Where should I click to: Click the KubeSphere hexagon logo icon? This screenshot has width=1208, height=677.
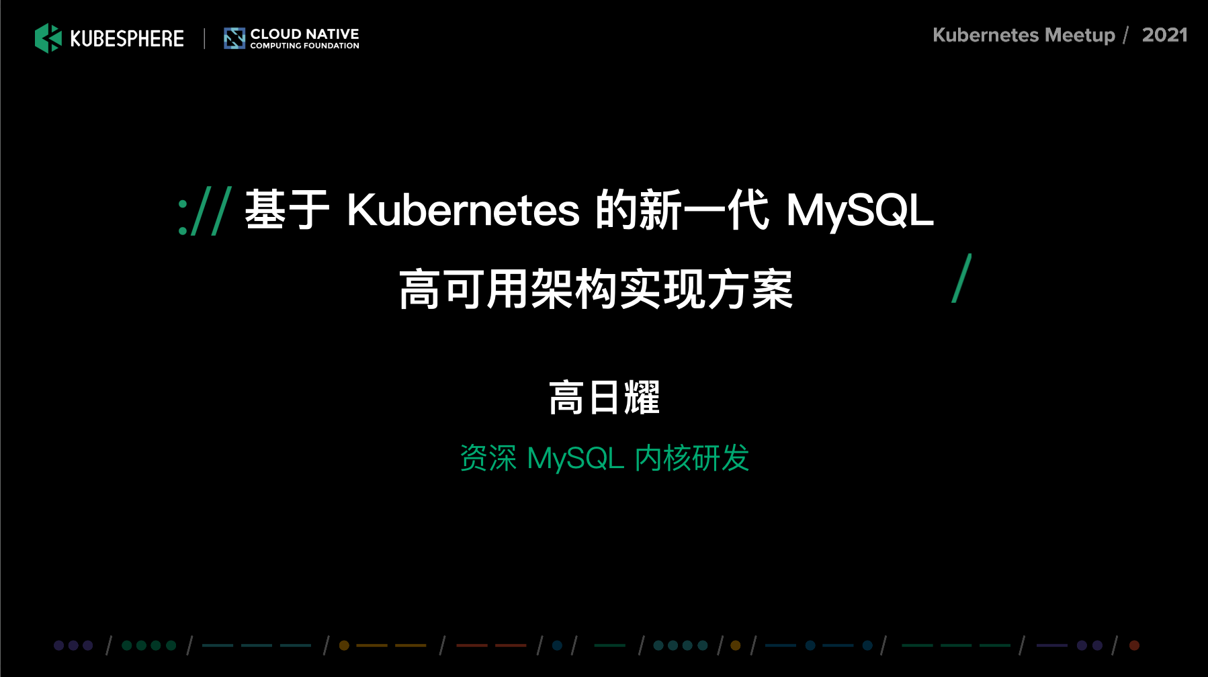[48, 38]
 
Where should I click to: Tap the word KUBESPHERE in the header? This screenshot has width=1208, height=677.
[127, 39]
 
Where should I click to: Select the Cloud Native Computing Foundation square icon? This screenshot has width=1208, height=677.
[234, 38]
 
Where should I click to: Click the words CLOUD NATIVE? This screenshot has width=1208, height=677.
[304, 34]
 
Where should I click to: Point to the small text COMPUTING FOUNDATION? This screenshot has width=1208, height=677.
[304, 46]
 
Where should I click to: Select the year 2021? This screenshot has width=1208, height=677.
[1165, 35]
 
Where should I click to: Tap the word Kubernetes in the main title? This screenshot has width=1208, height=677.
[463, 210]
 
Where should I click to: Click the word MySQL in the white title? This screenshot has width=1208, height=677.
[860, 210]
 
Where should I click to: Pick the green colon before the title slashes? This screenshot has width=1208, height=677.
[183, 216]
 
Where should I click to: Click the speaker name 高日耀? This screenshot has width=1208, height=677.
[604, 398]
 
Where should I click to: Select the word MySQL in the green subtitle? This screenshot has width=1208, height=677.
[576, 459]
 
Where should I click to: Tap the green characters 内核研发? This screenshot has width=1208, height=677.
[692, 458]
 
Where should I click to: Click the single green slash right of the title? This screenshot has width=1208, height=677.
[961, 278]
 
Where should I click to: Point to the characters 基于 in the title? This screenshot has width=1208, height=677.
[287, 210]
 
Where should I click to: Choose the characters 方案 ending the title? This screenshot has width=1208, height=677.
[750, 289]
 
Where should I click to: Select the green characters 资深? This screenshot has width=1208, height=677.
[488, 458]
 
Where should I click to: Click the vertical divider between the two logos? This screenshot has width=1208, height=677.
[204, 38]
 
